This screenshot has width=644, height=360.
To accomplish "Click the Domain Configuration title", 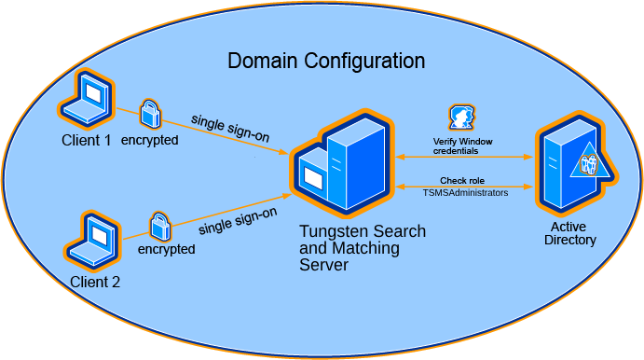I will coord(326,62).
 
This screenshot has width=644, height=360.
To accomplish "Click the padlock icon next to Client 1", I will coord(150,115).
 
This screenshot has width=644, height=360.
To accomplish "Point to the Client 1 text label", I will coord(86,141).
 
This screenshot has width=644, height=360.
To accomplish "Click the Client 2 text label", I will coord(94,282).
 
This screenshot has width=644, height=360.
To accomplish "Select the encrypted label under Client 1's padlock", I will coord(150,140).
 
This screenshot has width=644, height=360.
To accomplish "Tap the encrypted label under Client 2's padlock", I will coord(166,250).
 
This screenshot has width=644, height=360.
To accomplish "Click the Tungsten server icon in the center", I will coord(340,164).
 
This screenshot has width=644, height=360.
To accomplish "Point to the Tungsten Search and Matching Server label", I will coord(362,248).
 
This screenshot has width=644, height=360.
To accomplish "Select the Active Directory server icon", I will coord(565,165).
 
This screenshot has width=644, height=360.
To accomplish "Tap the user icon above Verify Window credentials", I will coord(461,118).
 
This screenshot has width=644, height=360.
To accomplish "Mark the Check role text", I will coord(462,180).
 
